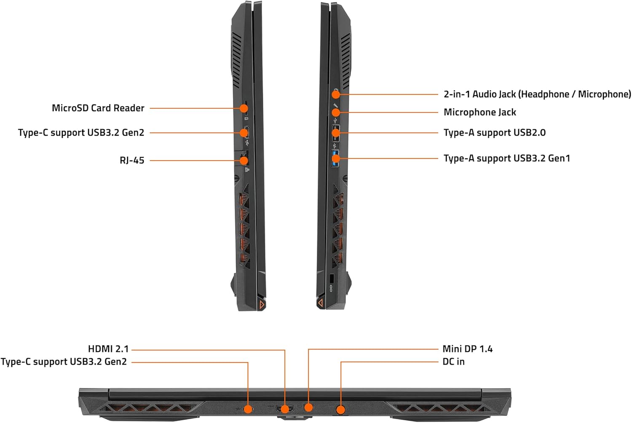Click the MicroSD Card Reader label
tap(98, 108)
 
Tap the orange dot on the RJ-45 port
tap(244, 161)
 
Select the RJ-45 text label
tap(132, 160)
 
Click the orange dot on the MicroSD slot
tap(244, 108)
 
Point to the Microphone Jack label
tap(479, 112)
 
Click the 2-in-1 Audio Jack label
tap(537, 94)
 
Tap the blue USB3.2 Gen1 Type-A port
tap(335, 158)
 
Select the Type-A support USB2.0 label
tap(495, 133)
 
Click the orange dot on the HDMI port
tap(285, 409)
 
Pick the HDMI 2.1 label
tap(108, 349)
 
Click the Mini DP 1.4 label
tap(468, 349)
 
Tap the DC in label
tap(453, 362)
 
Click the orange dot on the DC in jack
tap(341, 410)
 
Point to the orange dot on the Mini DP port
tap(309, 407)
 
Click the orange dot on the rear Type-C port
tap(248, 409)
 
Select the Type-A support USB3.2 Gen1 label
tap(507, 158)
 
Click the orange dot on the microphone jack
tap(335, 112)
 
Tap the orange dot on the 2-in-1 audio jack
tap(335, 94)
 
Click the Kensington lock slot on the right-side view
tap(332, 279)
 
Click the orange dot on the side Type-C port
tap(244, 133)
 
